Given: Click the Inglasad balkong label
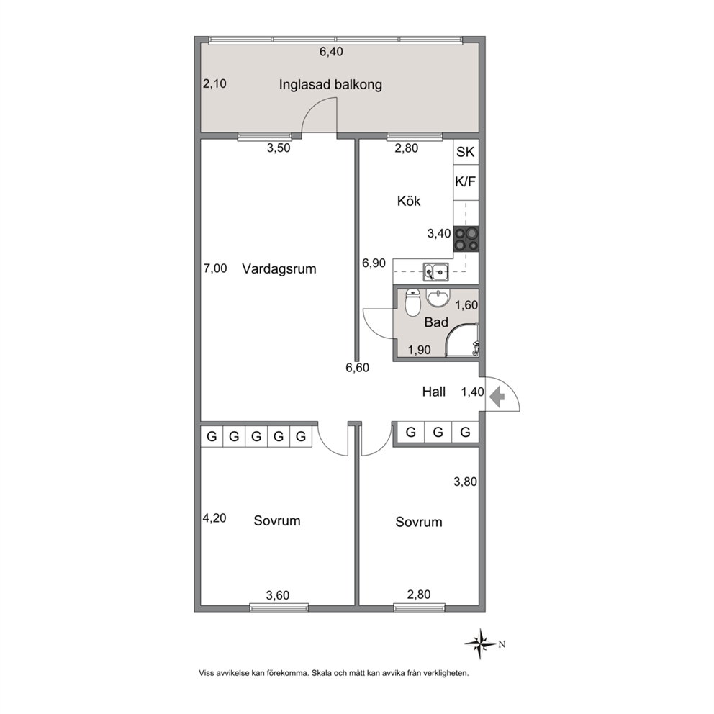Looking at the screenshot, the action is point(330,85).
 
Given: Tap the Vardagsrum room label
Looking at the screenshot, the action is point(279,268).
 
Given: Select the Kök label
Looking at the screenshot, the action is point(408,201).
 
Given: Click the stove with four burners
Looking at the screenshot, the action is point(466,239).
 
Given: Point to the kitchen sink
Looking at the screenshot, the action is point(435,272).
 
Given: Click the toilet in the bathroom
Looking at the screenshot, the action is point(412,302).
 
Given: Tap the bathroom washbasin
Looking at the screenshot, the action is point(438,298).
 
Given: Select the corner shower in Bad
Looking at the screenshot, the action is point(461,340).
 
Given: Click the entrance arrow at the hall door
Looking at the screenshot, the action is point(497,396).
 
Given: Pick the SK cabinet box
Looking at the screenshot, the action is point(466,152).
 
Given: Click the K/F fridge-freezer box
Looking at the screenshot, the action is point(466,182).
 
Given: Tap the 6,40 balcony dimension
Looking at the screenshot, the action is point(331,52).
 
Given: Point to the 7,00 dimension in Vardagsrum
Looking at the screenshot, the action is point(215,268).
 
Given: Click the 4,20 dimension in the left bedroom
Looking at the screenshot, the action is point(214,518).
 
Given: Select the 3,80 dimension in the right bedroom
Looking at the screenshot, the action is point(466,482).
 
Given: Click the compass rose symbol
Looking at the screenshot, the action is point(480,644).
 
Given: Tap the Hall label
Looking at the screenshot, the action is point(433,392).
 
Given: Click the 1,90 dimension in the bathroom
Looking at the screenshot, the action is point(419,350).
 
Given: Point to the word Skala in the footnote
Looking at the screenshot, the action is point(322,673).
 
